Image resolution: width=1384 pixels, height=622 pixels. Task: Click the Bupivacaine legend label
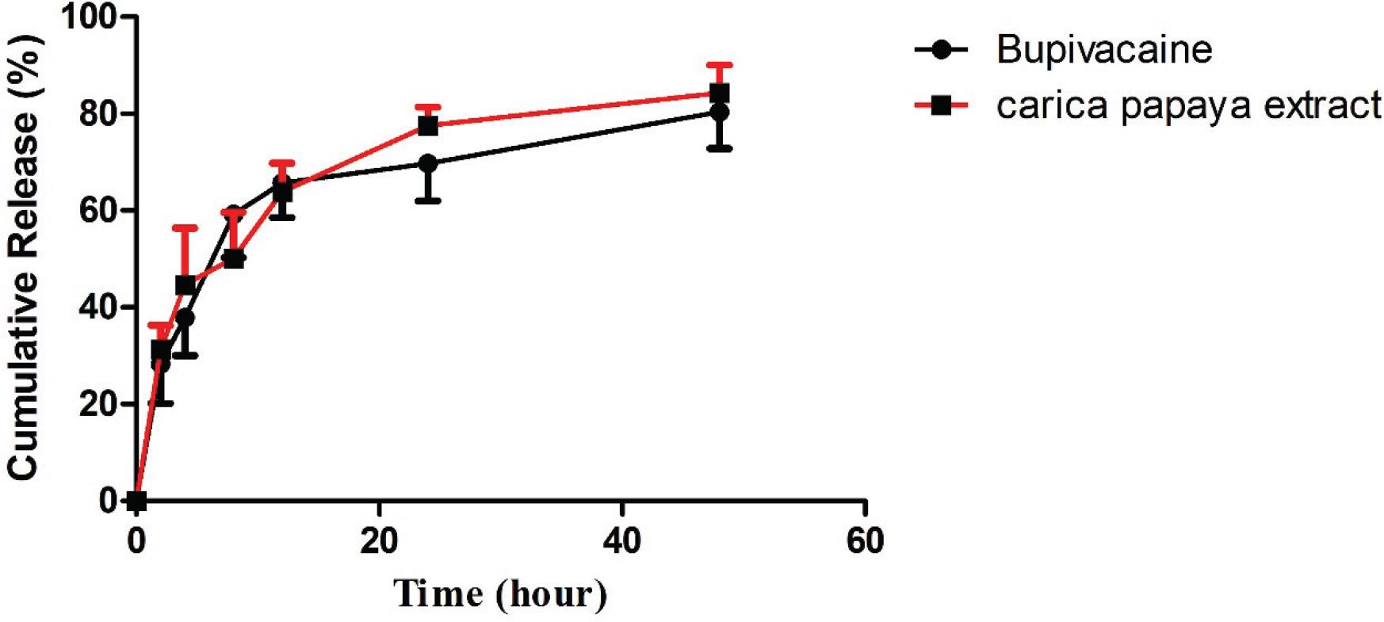click(x=1103, y=49)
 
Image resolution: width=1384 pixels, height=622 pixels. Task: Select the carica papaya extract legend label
click(x=1188, y=105)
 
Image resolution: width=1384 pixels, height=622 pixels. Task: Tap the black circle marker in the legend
click(x=941, y=49)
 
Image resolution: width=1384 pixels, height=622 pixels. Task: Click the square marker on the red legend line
click(x=941, y=105)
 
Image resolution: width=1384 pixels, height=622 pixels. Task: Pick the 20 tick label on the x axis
click(x=379, y=542)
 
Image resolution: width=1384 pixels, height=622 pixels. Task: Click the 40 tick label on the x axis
click(x=621, y=542)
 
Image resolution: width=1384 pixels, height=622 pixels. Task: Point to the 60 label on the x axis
click(x=864, y=542)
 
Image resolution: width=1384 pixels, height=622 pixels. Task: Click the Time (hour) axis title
click(x=500, y=593)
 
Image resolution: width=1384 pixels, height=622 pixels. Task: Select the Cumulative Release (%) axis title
click(x=23, y=258)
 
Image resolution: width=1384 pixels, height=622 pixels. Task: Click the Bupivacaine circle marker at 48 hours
click(x=719, y=113)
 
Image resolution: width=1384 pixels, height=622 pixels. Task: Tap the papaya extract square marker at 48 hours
click(x=719, y=93)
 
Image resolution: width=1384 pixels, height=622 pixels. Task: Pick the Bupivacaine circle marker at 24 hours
click(x=428, y=164)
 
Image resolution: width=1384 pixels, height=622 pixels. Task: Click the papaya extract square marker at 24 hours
click(x=428, y=125)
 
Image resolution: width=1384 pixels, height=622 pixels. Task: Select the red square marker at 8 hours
click(x=233, y=258)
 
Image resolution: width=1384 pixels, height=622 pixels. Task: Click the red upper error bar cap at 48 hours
click(x=719, y=64)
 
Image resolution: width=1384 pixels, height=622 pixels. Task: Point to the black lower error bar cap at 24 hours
click(x=428, y=201)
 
